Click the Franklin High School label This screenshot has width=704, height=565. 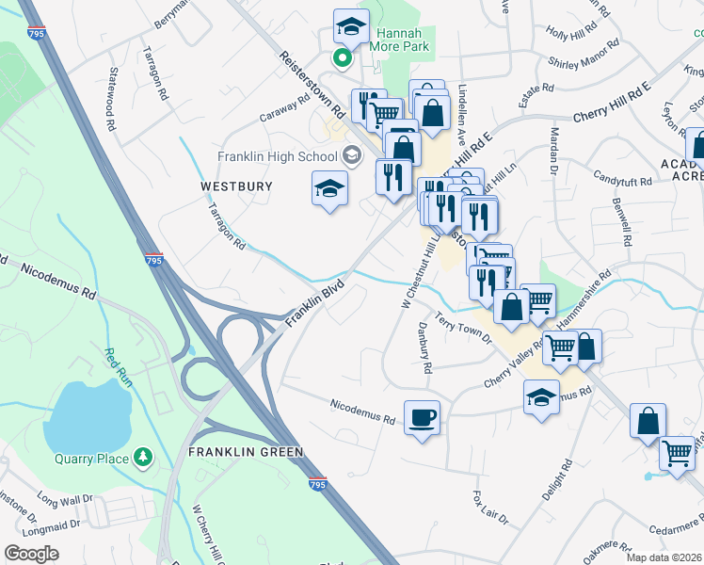tap(278, 156)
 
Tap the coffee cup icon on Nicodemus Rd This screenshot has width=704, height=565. tap(422, 418)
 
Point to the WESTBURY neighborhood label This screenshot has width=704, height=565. tap(236, 186)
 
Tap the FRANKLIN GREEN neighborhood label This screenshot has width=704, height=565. tap(246, 452)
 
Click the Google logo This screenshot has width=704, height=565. tap(31, 553)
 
